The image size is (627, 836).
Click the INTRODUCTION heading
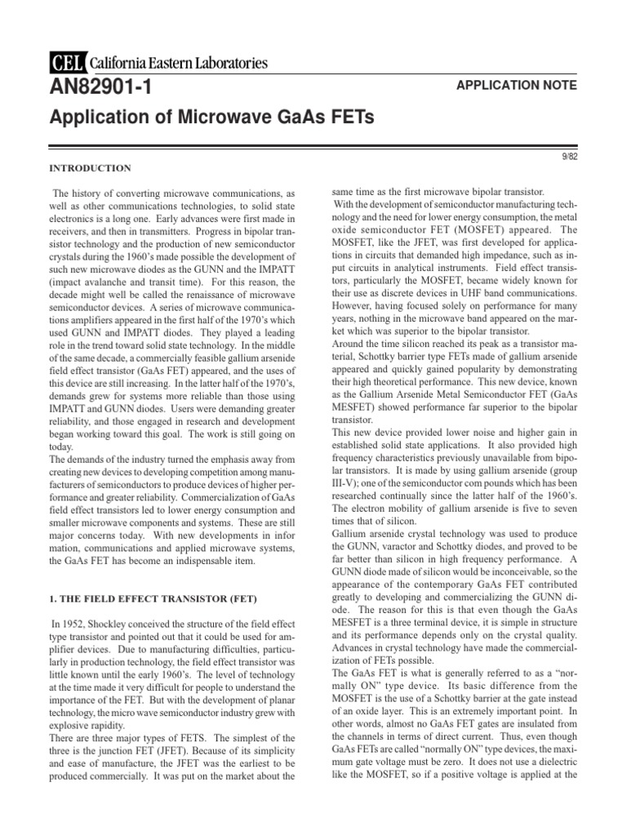coord(91,168)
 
